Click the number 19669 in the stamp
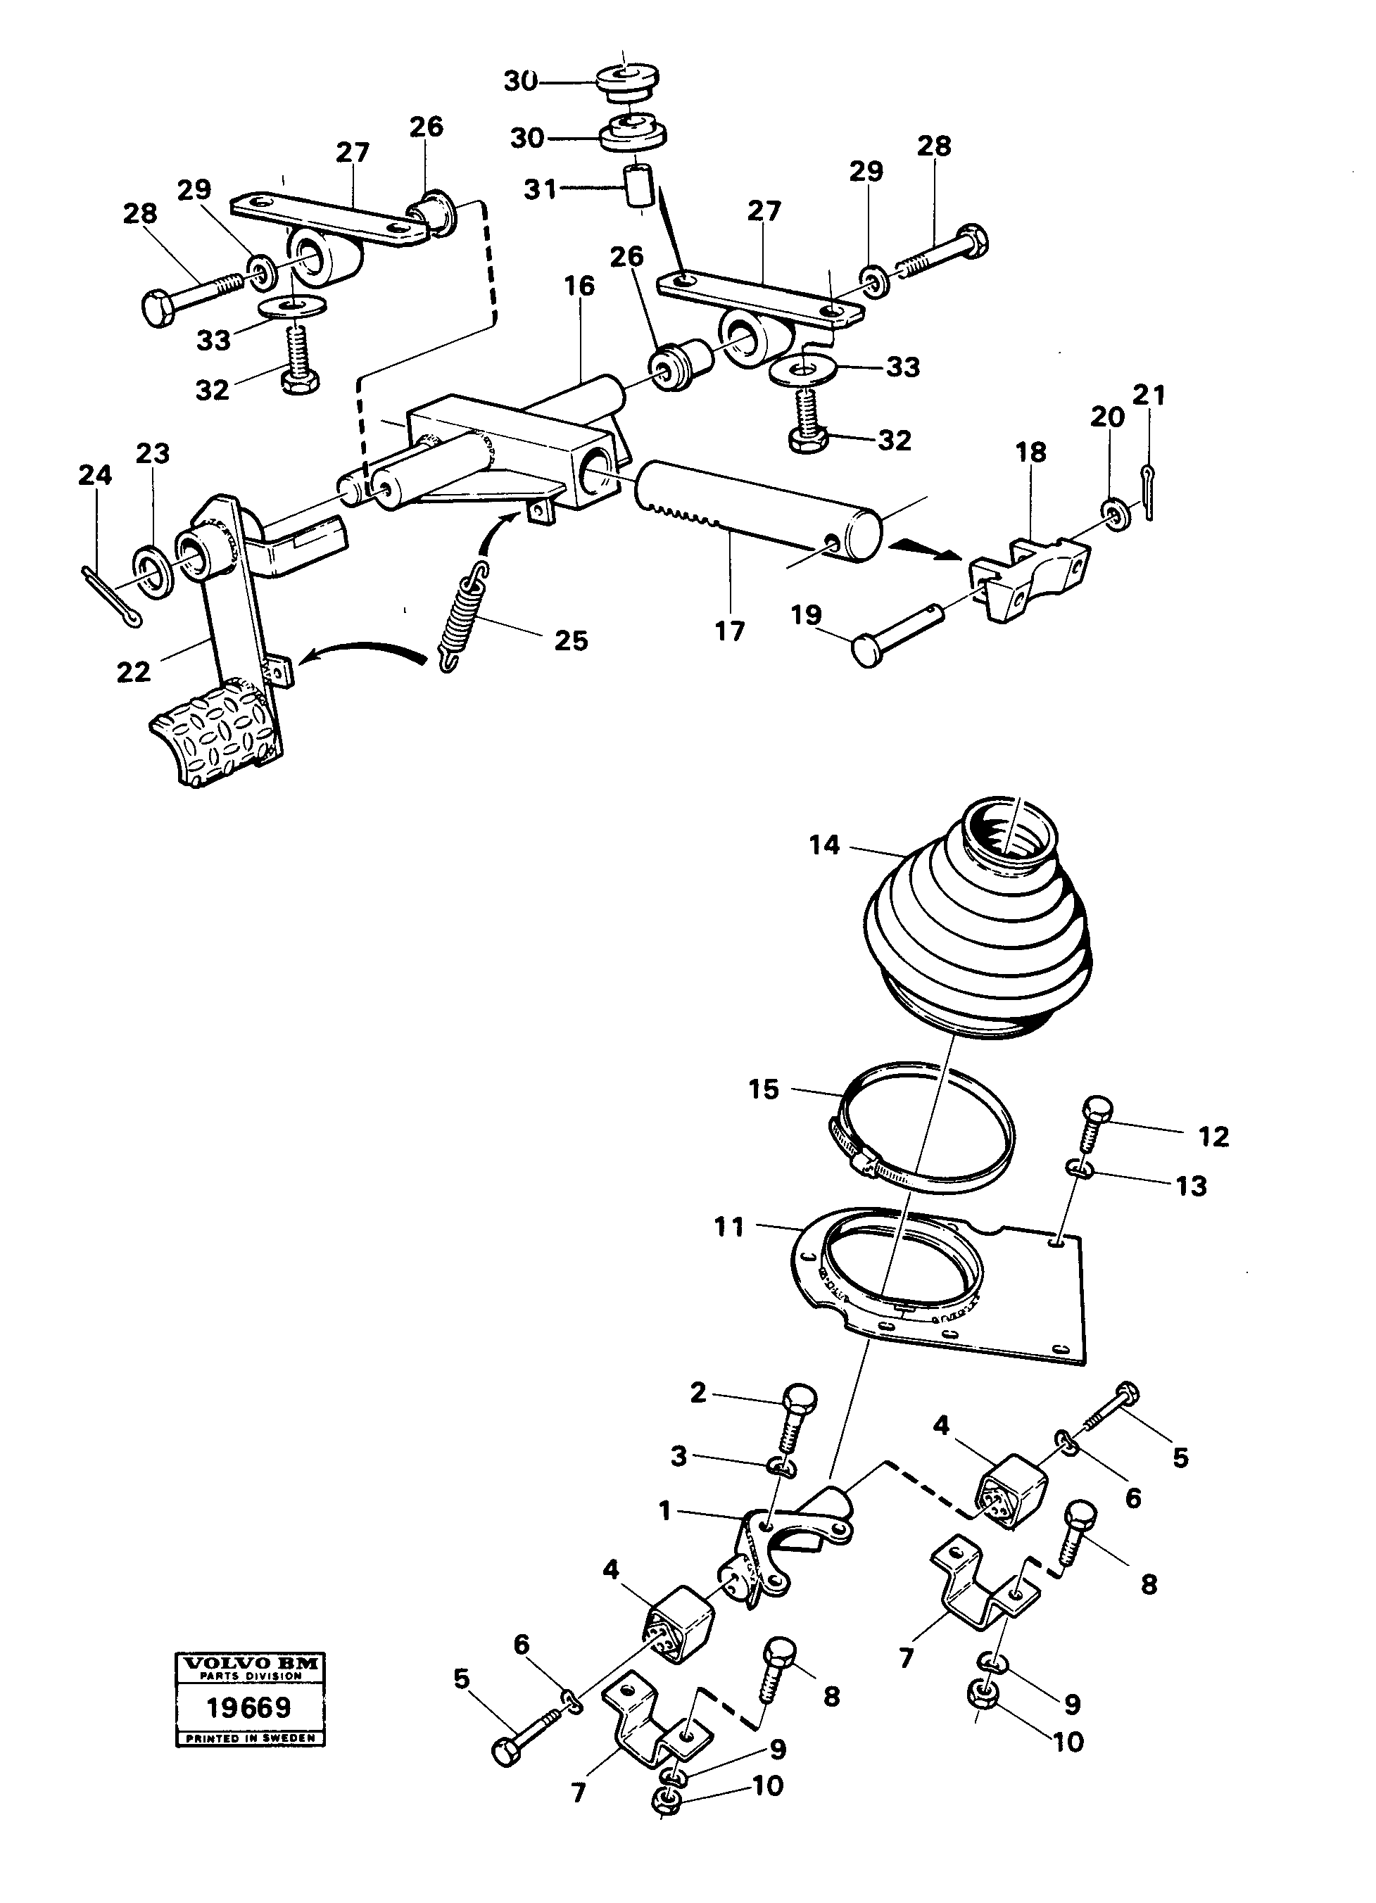(x=249, y=1706)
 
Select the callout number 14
(x=824, y=845)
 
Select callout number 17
(x=729, y=631)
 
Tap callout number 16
(x=579, y=286)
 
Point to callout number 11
(x=728, y=1227)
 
